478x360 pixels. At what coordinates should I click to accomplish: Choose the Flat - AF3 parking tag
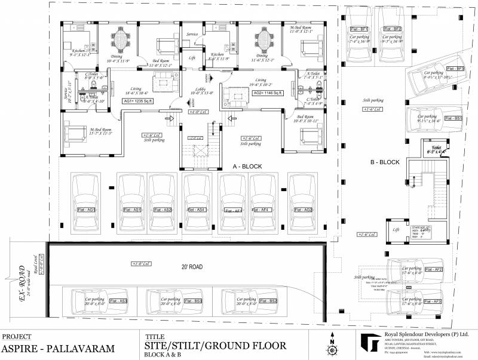(x=434, y=301)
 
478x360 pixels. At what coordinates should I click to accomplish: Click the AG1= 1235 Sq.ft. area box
(x=137, y=101)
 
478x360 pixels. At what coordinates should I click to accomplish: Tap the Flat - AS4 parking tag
(x=197, y=210)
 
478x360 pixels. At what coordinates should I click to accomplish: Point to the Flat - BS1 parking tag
(x=456, y=119)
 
